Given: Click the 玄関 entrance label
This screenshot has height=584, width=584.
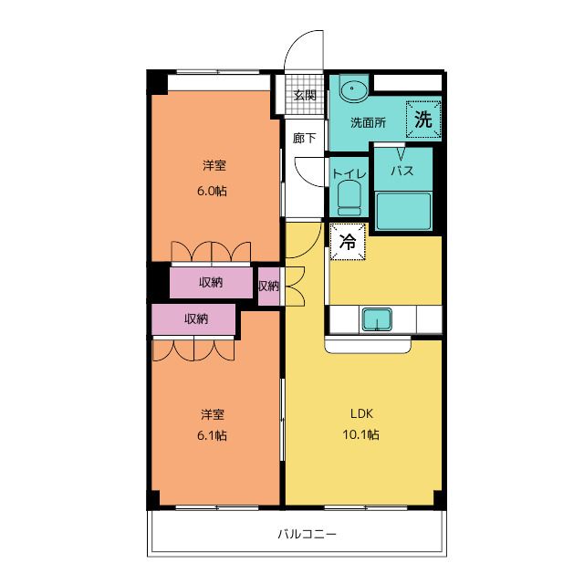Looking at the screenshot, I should coord(304,95).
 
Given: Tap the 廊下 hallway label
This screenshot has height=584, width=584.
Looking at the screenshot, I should coord(304,139).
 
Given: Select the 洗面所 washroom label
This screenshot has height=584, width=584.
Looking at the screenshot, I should coord(369,122).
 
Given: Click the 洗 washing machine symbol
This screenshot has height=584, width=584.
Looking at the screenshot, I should coord(423,118).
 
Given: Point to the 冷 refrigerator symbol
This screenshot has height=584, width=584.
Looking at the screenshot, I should coord(348,242).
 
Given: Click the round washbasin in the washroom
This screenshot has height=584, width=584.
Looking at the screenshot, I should coord(352,90).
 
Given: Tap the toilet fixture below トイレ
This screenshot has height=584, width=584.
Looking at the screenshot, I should coord(349,196).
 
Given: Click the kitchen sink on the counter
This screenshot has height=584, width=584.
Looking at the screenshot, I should coord(376,318).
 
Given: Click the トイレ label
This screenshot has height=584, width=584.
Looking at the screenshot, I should coord(349,172).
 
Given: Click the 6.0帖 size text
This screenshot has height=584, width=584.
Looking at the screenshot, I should coord(214,192).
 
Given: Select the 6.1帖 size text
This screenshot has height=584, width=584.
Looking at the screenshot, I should coord(214,435).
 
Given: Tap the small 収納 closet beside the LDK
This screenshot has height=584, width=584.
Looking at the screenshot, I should coord(267,287).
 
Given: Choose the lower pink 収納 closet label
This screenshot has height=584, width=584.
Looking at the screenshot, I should coord(195,319).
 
